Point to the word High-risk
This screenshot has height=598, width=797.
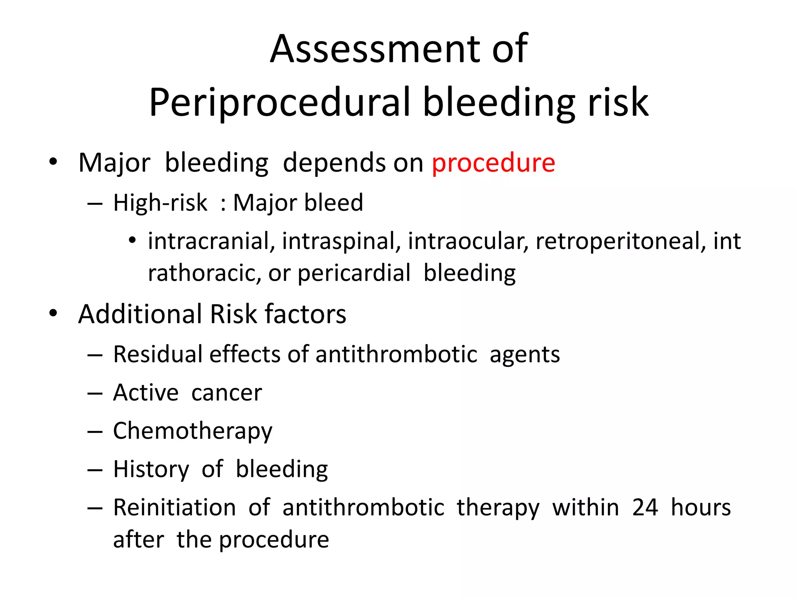160,203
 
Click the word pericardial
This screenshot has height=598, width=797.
354,273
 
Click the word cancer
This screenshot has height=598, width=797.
226,392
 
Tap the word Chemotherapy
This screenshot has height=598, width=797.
193,431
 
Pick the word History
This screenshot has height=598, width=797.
151,469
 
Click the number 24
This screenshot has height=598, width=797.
645,507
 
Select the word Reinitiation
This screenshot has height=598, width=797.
175,507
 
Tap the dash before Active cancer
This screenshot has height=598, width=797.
95,394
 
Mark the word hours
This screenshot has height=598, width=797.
701,507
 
